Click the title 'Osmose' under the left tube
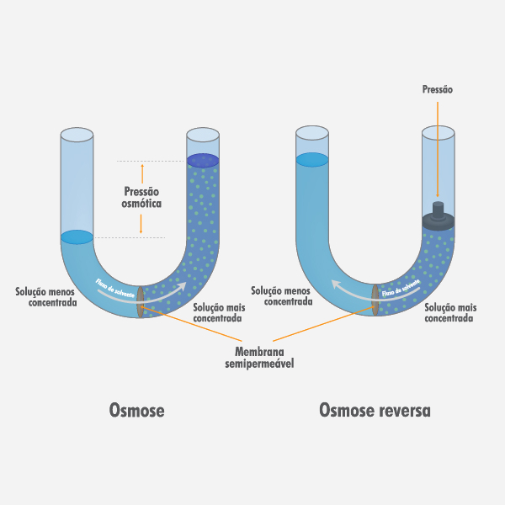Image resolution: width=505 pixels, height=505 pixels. (136, 410)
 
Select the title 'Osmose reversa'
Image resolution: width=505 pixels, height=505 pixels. (375, 410)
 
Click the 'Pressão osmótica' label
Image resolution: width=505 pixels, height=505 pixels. (141, 198)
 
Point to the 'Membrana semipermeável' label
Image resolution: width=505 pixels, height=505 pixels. (258, 356)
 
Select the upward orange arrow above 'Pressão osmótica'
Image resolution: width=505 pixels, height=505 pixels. (141, 173)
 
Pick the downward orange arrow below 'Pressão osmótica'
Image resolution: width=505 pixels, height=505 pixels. (141, 222)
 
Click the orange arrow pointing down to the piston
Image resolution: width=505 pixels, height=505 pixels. (438, 151)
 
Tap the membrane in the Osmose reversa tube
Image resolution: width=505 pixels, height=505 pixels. (375, 298)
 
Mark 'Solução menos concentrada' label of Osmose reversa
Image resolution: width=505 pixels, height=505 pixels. (282, 295)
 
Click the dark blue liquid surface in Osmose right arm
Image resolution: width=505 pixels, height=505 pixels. (203, 160)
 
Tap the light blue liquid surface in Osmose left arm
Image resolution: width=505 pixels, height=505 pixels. (77, 237)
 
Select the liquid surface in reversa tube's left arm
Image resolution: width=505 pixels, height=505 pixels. (311, 159)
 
